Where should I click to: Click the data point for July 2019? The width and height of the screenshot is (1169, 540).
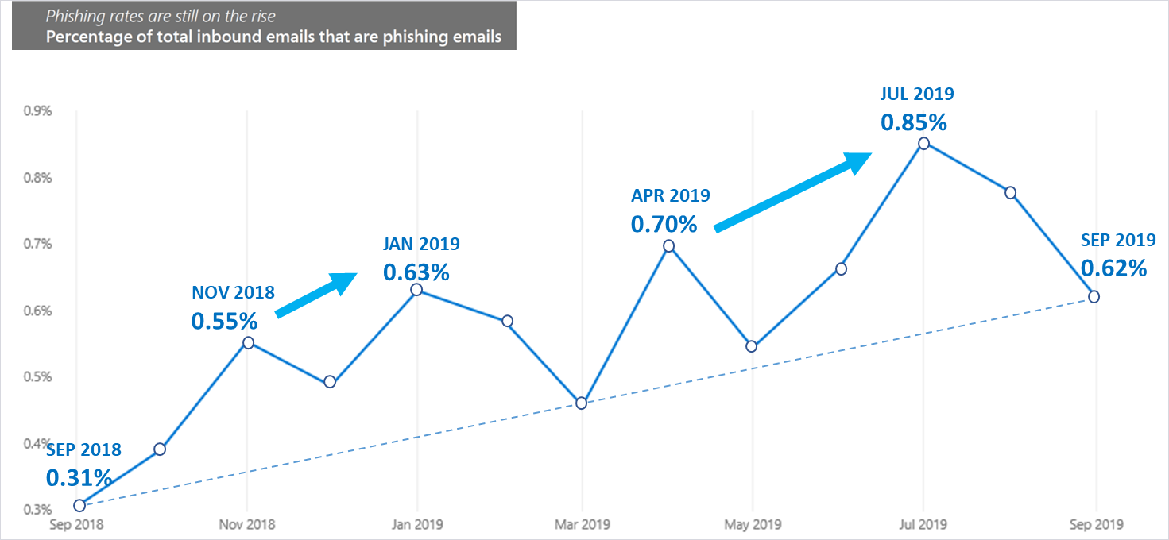coord(923,144)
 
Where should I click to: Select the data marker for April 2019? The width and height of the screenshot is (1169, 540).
coord(669,246)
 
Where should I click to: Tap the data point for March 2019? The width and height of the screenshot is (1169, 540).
coord(581,403)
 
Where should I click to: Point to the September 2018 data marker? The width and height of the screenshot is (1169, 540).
coord(79,505)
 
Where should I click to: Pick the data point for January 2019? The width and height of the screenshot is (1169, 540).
coord(416,290)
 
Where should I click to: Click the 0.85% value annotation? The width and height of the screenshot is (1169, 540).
coord(913,123)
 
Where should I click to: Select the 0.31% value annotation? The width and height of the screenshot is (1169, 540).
coord(79,477)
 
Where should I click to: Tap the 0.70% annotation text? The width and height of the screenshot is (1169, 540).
coord(664,225)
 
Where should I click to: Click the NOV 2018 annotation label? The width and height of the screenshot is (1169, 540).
coord(233,292)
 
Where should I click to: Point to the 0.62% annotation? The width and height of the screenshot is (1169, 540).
coord(1113,268)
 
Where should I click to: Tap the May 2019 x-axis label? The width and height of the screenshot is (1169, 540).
coord(753,525)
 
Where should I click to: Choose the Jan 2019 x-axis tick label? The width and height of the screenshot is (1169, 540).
coord(417,525)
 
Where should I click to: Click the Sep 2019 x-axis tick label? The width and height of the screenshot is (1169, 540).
coord(1097,525)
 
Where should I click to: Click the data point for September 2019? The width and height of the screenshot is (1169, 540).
coord(1094,296)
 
